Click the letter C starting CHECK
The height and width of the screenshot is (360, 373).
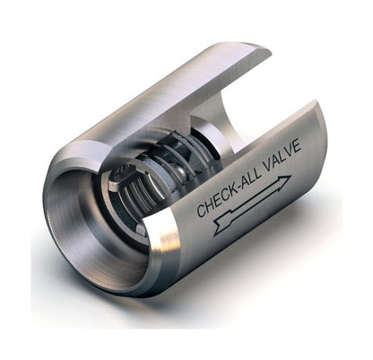point(201,209)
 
